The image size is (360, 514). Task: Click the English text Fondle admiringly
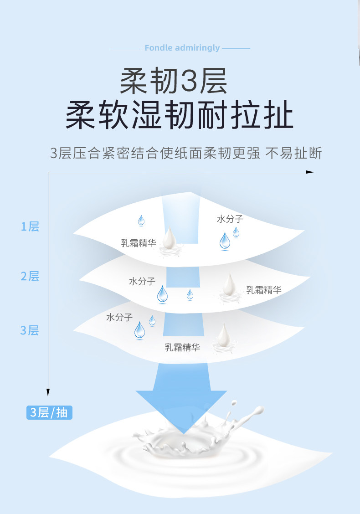tap(182, 48)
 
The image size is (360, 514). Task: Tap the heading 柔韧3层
tap(174, 81)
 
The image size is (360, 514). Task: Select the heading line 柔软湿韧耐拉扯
tap(180, 116)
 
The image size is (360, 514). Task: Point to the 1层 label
tap(30, 226)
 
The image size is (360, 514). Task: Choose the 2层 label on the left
tap(30, 276)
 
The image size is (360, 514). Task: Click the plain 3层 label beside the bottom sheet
tap(30, 330)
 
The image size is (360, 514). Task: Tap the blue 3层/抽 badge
tap(49, 412)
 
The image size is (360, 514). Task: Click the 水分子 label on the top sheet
tap(230, 219)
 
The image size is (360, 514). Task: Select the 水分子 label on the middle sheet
tap(142, 281)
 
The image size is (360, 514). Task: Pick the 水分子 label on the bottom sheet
tap(119, 317)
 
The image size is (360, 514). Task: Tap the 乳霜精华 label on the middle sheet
tap(264, 290)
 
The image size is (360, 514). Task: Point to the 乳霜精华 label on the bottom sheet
tap(182, 348)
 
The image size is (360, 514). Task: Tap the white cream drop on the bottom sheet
tap(223, 337)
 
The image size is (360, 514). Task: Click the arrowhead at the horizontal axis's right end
tap(310, 172)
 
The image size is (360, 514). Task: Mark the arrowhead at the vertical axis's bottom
tap(48, 392)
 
